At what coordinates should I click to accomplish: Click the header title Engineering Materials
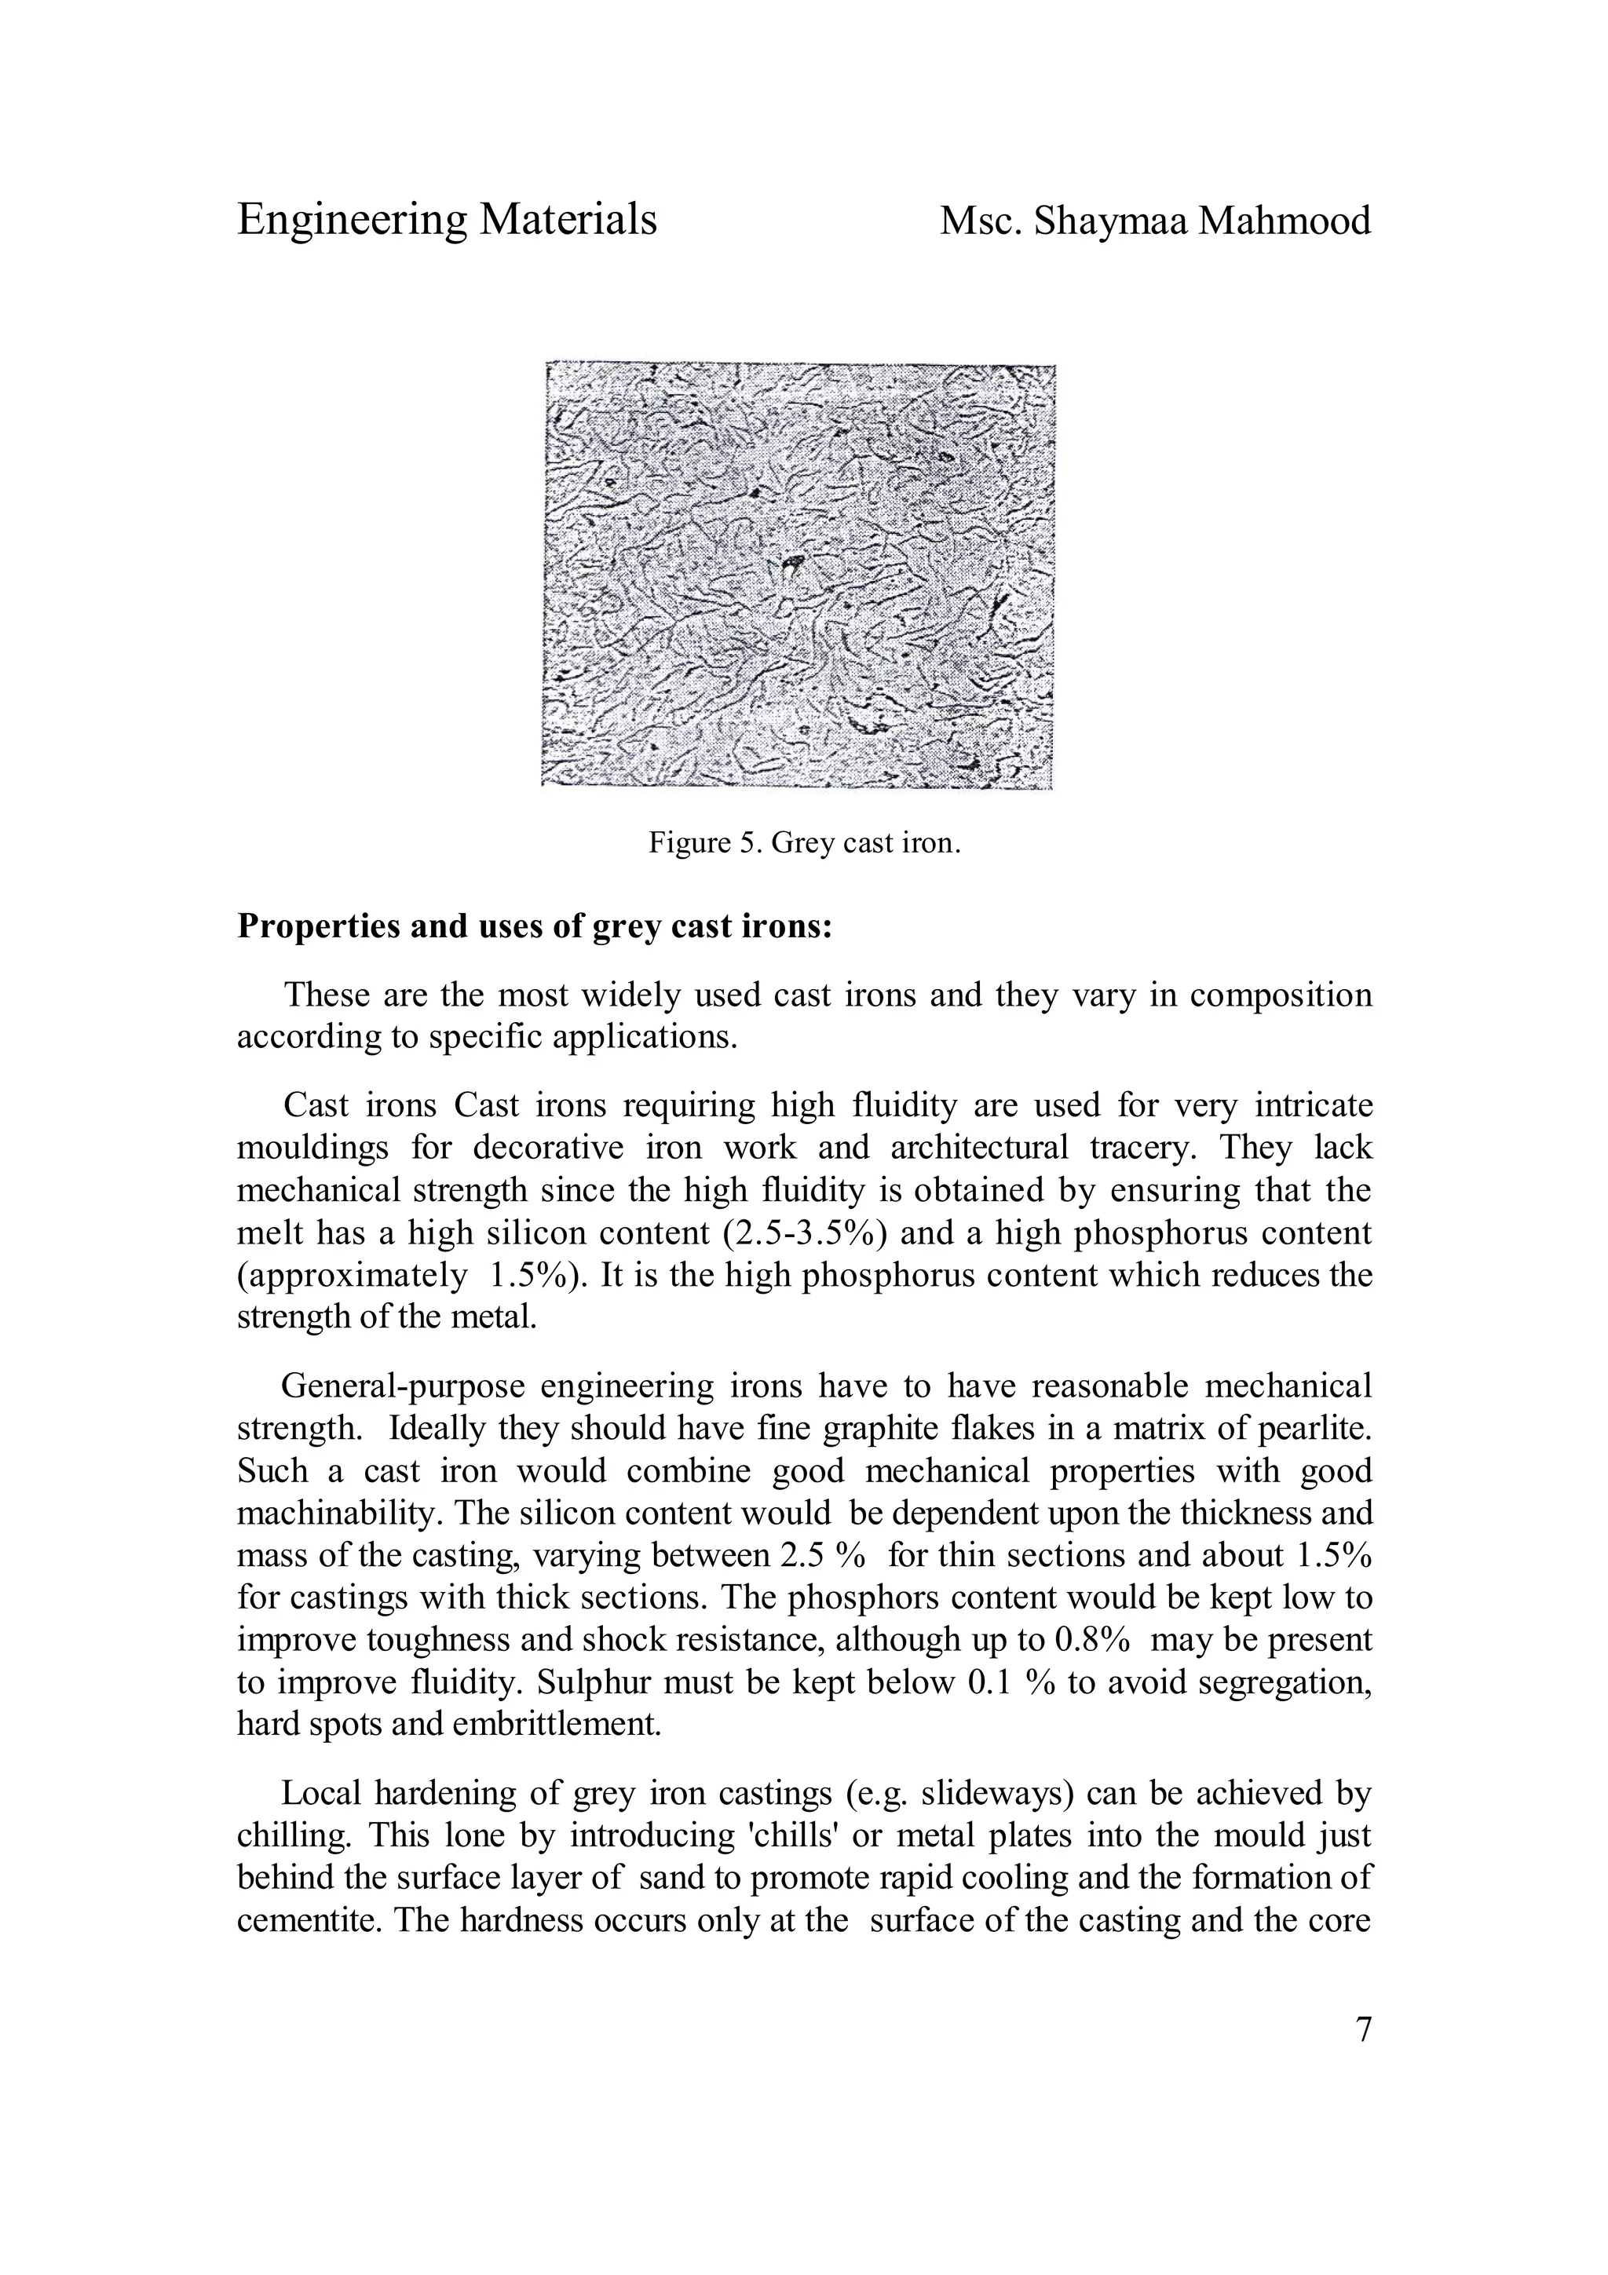click(447, 220)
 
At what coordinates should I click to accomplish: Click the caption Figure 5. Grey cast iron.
click(805, 843)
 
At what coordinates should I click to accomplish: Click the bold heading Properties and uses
click(534, 926)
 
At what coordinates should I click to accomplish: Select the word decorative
click(548, 1148)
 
